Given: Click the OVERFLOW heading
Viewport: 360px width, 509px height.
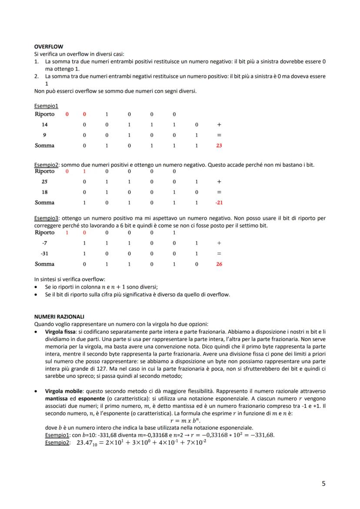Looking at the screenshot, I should [x=48, y=46].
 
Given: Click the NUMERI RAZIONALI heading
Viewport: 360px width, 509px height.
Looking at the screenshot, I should [x=59, y=316].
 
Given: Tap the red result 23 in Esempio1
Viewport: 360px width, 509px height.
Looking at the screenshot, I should [x=219, y=146].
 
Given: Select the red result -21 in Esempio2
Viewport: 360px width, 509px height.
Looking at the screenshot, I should [x=219, y=203].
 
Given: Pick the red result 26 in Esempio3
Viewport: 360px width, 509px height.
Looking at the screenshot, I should [x=219, y=264].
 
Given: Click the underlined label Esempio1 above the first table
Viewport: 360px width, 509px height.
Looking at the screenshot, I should [x=46, y=106].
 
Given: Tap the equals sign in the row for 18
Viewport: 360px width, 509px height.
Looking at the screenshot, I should [x=219, y=192].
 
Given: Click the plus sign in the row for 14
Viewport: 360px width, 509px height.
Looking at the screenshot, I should [x=219, y=124].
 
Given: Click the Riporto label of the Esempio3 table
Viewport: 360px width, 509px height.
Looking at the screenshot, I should [x=44, y=233].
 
